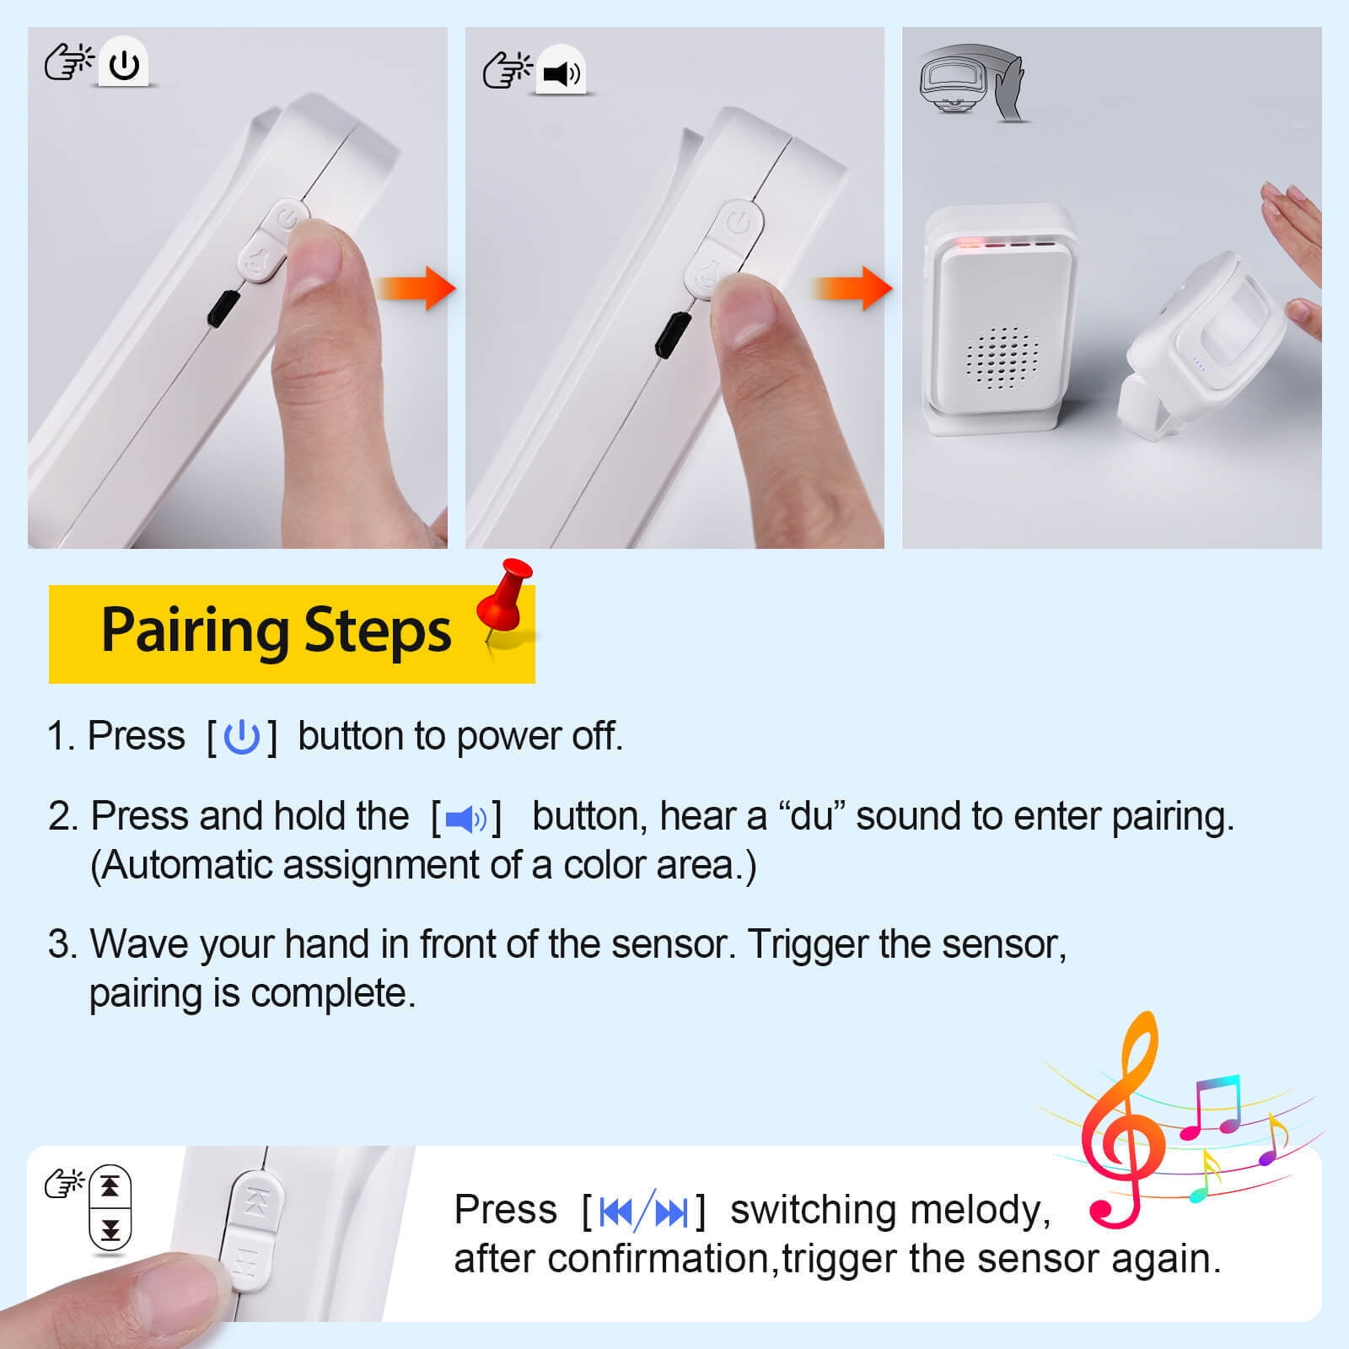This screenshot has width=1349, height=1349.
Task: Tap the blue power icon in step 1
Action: (x=242, y=736)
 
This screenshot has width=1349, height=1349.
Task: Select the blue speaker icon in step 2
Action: (x=466, y=818)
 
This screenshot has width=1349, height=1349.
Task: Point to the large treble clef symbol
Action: (x=1121, y=1121)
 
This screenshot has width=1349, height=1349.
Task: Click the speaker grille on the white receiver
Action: (x=1001, y=358)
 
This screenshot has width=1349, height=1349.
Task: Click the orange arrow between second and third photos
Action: (x=853, y=288)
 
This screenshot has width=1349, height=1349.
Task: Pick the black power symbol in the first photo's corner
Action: (x=124, y=65)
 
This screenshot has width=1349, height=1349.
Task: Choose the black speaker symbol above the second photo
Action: (x=561, y=74)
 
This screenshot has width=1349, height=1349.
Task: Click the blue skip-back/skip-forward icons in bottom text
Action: (x=643, y=1212)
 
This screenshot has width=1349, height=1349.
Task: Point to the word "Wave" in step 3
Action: (x=139, y=943)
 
